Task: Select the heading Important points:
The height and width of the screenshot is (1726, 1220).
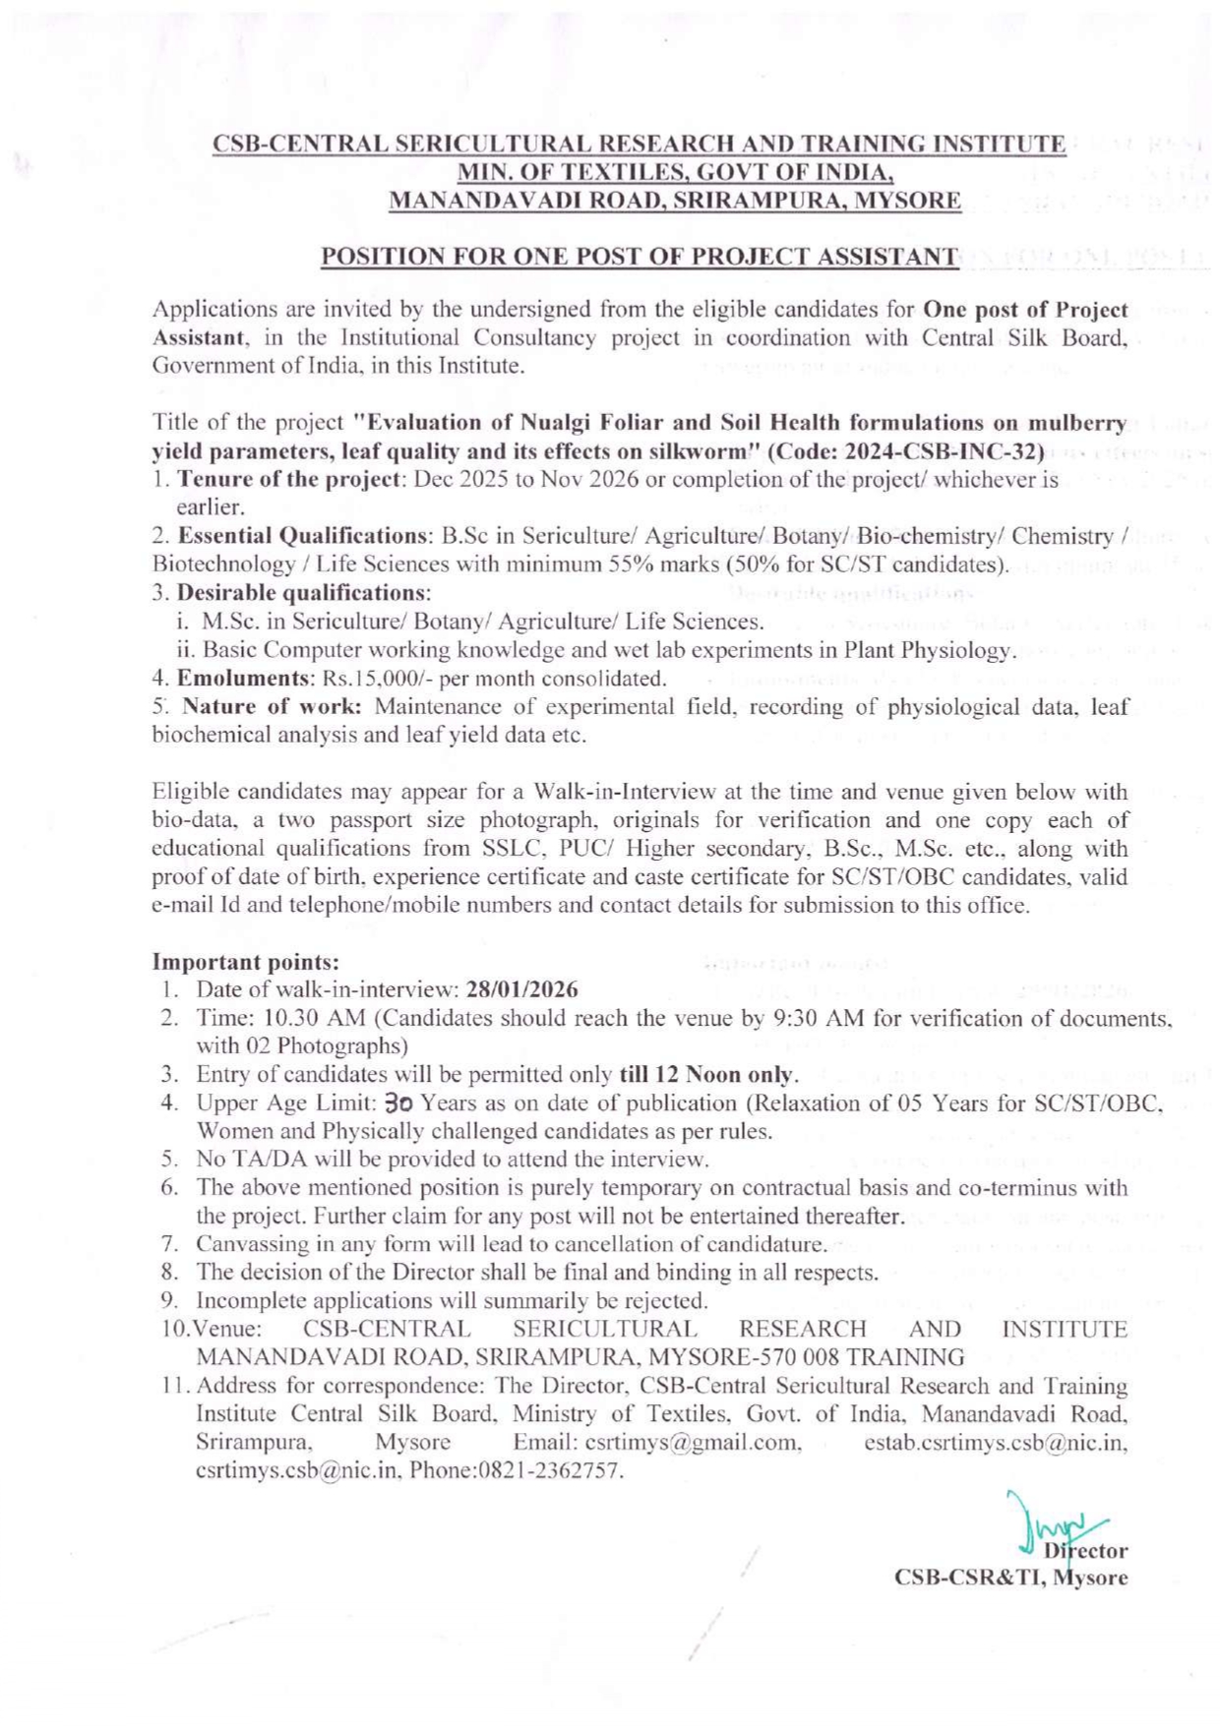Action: click(245, 962)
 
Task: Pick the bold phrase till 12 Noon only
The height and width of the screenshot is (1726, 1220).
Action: click(707, 1074)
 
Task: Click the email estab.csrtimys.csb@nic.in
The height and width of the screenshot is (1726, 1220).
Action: click(996, 1443)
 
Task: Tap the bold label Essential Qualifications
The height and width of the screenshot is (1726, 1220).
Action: click(300, 536)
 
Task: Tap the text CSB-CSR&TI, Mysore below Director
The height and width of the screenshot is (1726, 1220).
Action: click(1010, 1577)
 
